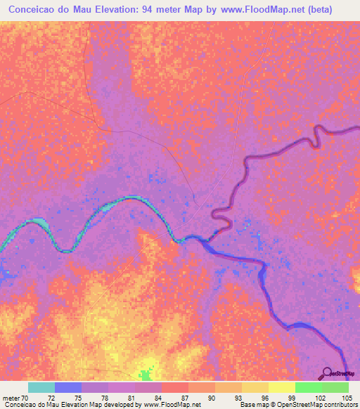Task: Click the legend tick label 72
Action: pyautogui.click(x=51, y=398)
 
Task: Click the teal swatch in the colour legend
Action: pyautogui.click(x=41, y=387)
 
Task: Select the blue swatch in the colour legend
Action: pyautogui.click(x=68, y=387)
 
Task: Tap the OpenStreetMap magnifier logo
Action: pyautogui.click(x=327, y=373)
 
